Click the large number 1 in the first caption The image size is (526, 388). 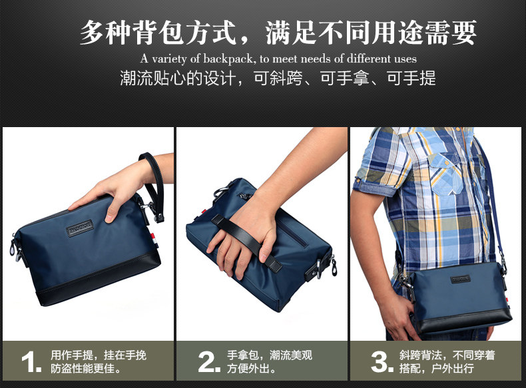click(x=31, y=362)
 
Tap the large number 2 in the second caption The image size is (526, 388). click(x=208, y=362)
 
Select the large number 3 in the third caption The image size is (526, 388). click(x=382, y=362)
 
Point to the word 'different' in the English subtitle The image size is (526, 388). click(x=362, y=59)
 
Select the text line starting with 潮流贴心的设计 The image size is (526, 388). click(x=278, y=78)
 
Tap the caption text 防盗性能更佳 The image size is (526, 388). click(x=85, y=368)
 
